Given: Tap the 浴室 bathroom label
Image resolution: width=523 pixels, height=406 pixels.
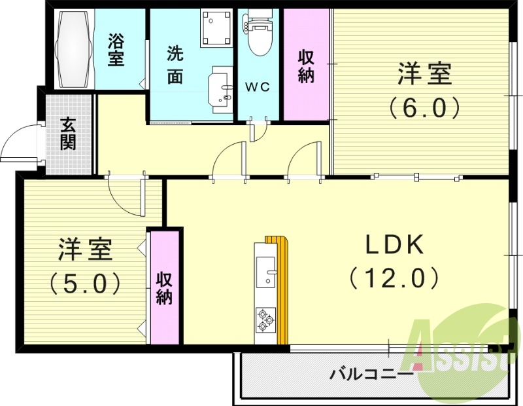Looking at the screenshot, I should [116, 49].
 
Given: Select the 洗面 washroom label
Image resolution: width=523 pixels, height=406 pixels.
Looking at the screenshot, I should [175, 64].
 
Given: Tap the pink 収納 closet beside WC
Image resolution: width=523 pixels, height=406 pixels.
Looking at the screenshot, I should [306, 65].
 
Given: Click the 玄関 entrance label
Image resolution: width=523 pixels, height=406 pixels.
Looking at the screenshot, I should [67, 134].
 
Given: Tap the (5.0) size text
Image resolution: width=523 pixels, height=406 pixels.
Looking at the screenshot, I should [86, 283].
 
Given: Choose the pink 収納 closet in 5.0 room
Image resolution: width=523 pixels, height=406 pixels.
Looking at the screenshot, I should [164, 287].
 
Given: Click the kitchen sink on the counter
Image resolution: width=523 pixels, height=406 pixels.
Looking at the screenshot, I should [265, 272].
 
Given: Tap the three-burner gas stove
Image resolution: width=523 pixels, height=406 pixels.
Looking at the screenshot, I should [265, 319].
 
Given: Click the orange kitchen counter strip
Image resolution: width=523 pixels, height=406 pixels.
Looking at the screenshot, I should [282, 291].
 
